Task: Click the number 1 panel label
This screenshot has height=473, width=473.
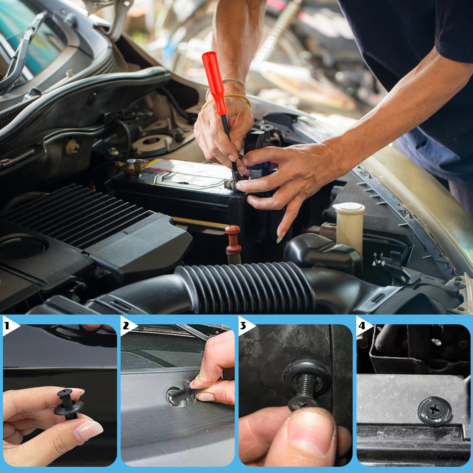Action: (7, 326)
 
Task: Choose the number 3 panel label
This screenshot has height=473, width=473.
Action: (243, 326)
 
